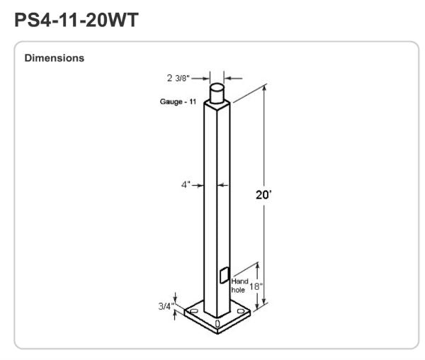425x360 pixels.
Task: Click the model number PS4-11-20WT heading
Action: tap(78, 21)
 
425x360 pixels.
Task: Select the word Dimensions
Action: tap(55, 58)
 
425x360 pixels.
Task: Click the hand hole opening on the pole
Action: tap(225, 275)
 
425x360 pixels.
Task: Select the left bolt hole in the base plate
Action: tap(191, 311)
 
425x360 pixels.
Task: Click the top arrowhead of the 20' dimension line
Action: tap(266, 88)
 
